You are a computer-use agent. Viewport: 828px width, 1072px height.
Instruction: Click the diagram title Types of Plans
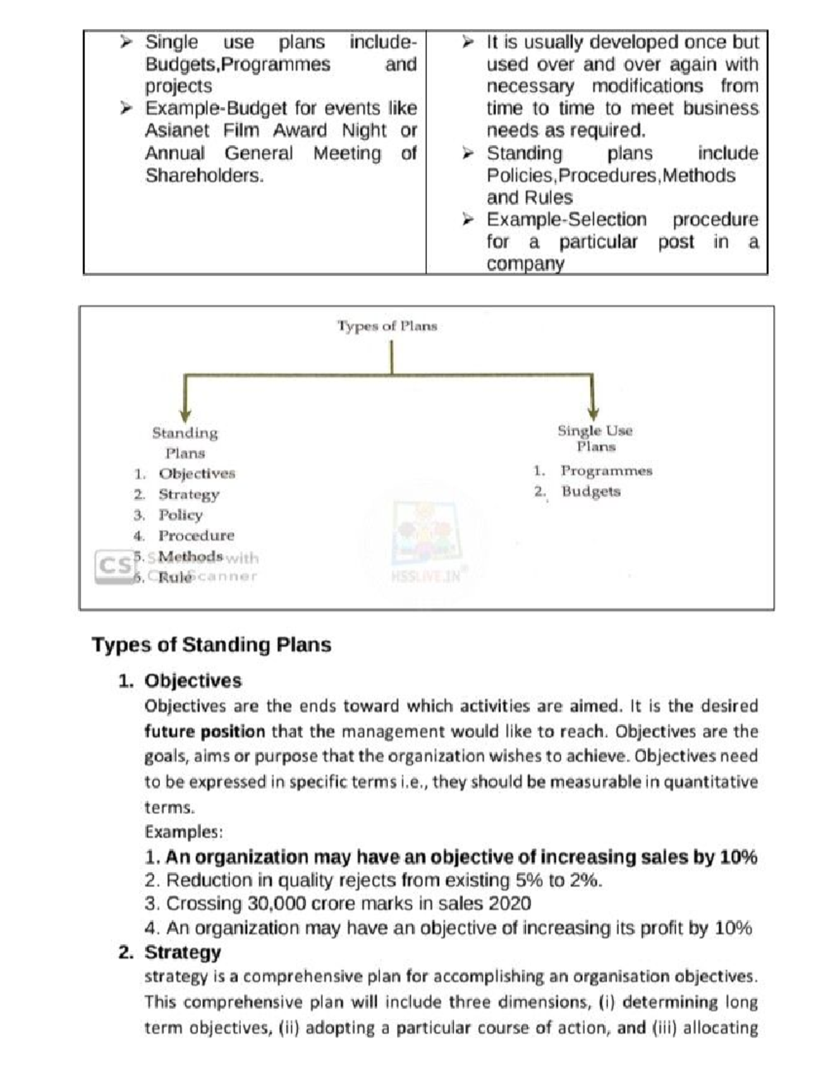click(387, 326)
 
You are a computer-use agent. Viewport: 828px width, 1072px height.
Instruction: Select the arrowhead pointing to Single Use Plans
click(593, 412)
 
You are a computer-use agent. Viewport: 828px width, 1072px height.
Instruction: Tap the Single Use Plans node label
click(595, 438)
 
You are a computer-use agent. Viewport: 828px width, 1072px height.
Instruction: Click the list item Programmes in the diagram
click(606, 471)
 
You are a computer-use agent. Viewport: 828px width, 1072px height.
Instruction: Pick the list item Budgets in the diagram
click(591, 491)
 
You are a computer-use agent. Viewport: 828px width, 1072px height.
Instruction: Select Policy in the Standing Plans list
click(180, 515)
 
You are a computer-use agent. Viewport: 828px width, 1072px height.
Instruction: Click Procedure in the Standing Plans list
click(196, 536)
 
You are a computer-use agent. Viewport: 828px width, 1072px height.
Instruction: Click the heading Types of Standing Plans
click(211, 645)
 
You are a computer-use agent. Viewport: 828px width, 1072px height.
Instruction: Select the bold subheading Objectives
click(193, 681)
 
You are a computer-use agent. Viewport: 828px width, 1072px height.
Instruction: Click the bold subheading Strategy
click(182, 953)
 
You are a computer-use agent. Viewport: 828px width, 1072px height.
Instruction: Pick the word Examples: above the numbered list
click(184, 832)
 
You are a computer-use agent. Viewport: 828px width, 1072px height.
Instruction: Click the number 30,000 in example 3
click(273, 904)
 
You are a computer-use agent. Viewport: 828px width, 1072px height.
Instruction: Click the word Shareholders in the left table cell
click(204, 175)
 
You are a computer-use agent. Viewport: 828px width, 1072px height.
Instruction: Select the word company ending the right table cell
click(525, 264)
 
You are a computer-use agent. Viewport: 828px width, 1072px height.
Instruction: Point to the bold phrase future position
click(204, 732)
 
